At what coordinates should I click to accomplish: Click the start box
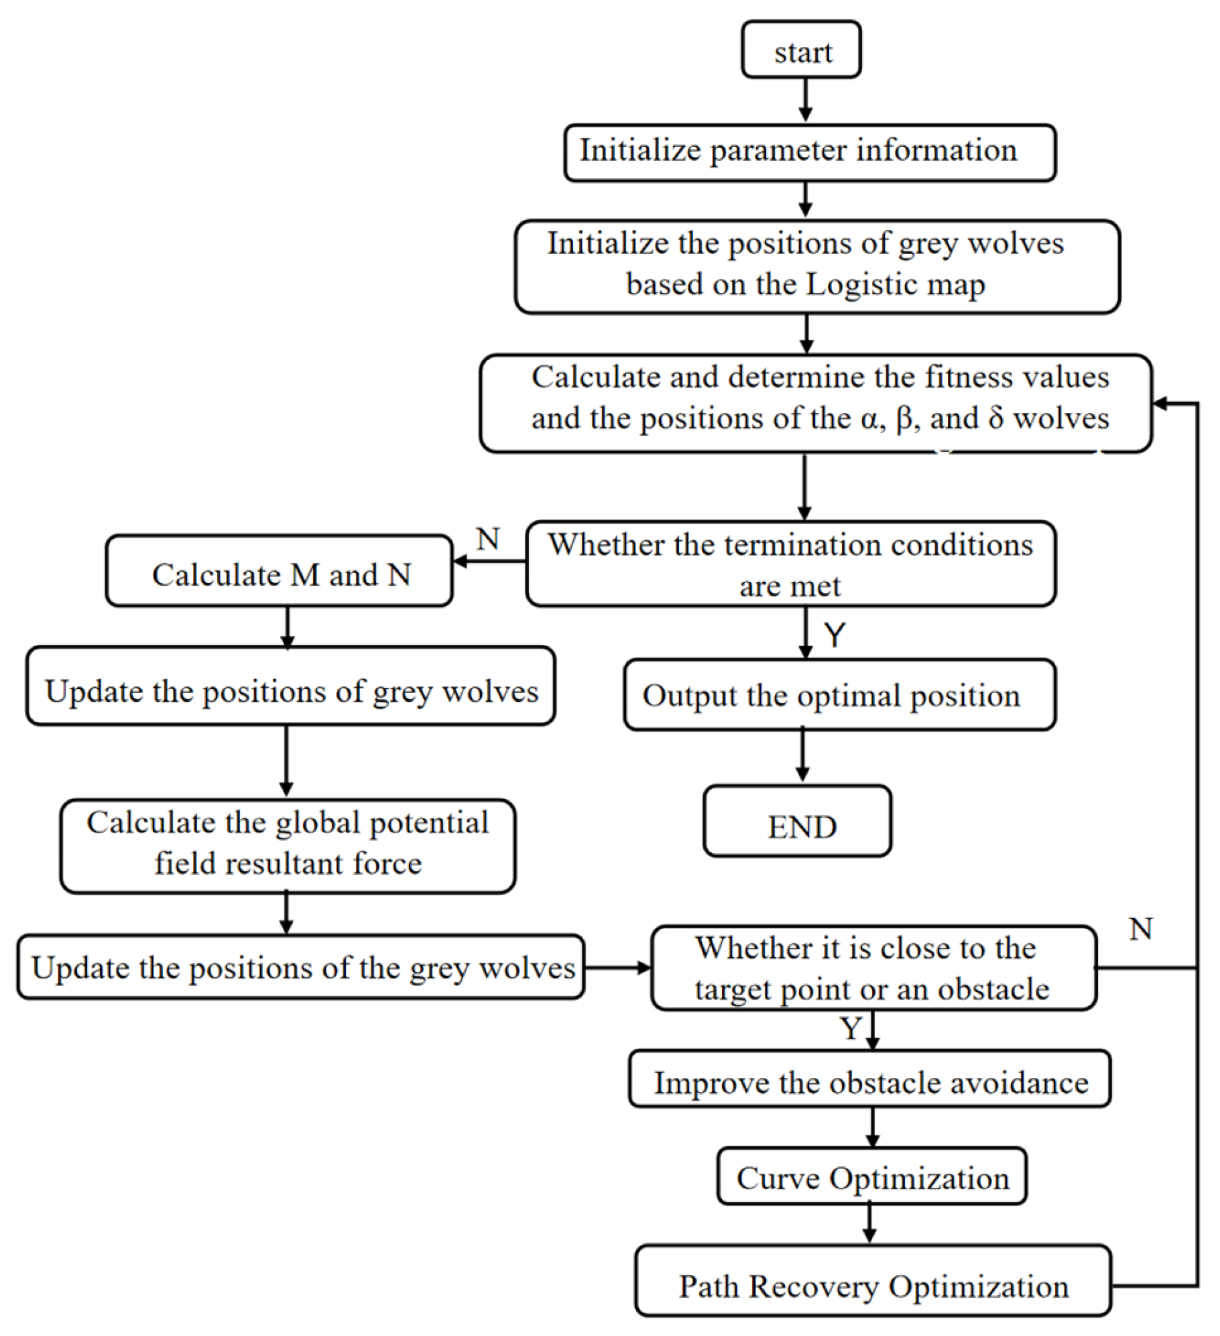tap(801, 50)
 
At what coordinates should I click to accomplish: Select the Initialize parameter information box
tap(810, 152)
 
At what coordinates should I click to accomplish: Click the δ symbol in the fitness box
tap(995, 419)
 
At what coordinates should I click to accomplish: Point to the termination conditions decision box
tap(791, 564)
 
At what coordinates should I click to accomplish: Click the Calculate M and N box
tap(280, 572)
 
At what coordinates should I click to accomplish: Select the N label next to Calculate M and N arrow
tap(488, 540)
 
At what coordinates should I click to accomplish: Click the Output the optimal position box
tap(839, 695)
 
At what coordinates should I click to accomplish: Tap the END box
tap(798, 822)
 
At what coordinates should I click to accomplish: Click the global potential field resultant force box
tap(288, 846)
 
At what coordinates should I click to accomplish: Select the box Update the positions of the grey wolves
tap(302, 968)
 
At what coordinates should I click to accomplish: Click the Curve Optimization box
tap(871, 1176)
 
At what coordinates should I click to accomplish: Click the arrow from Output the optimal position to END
tap(802, 756)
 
